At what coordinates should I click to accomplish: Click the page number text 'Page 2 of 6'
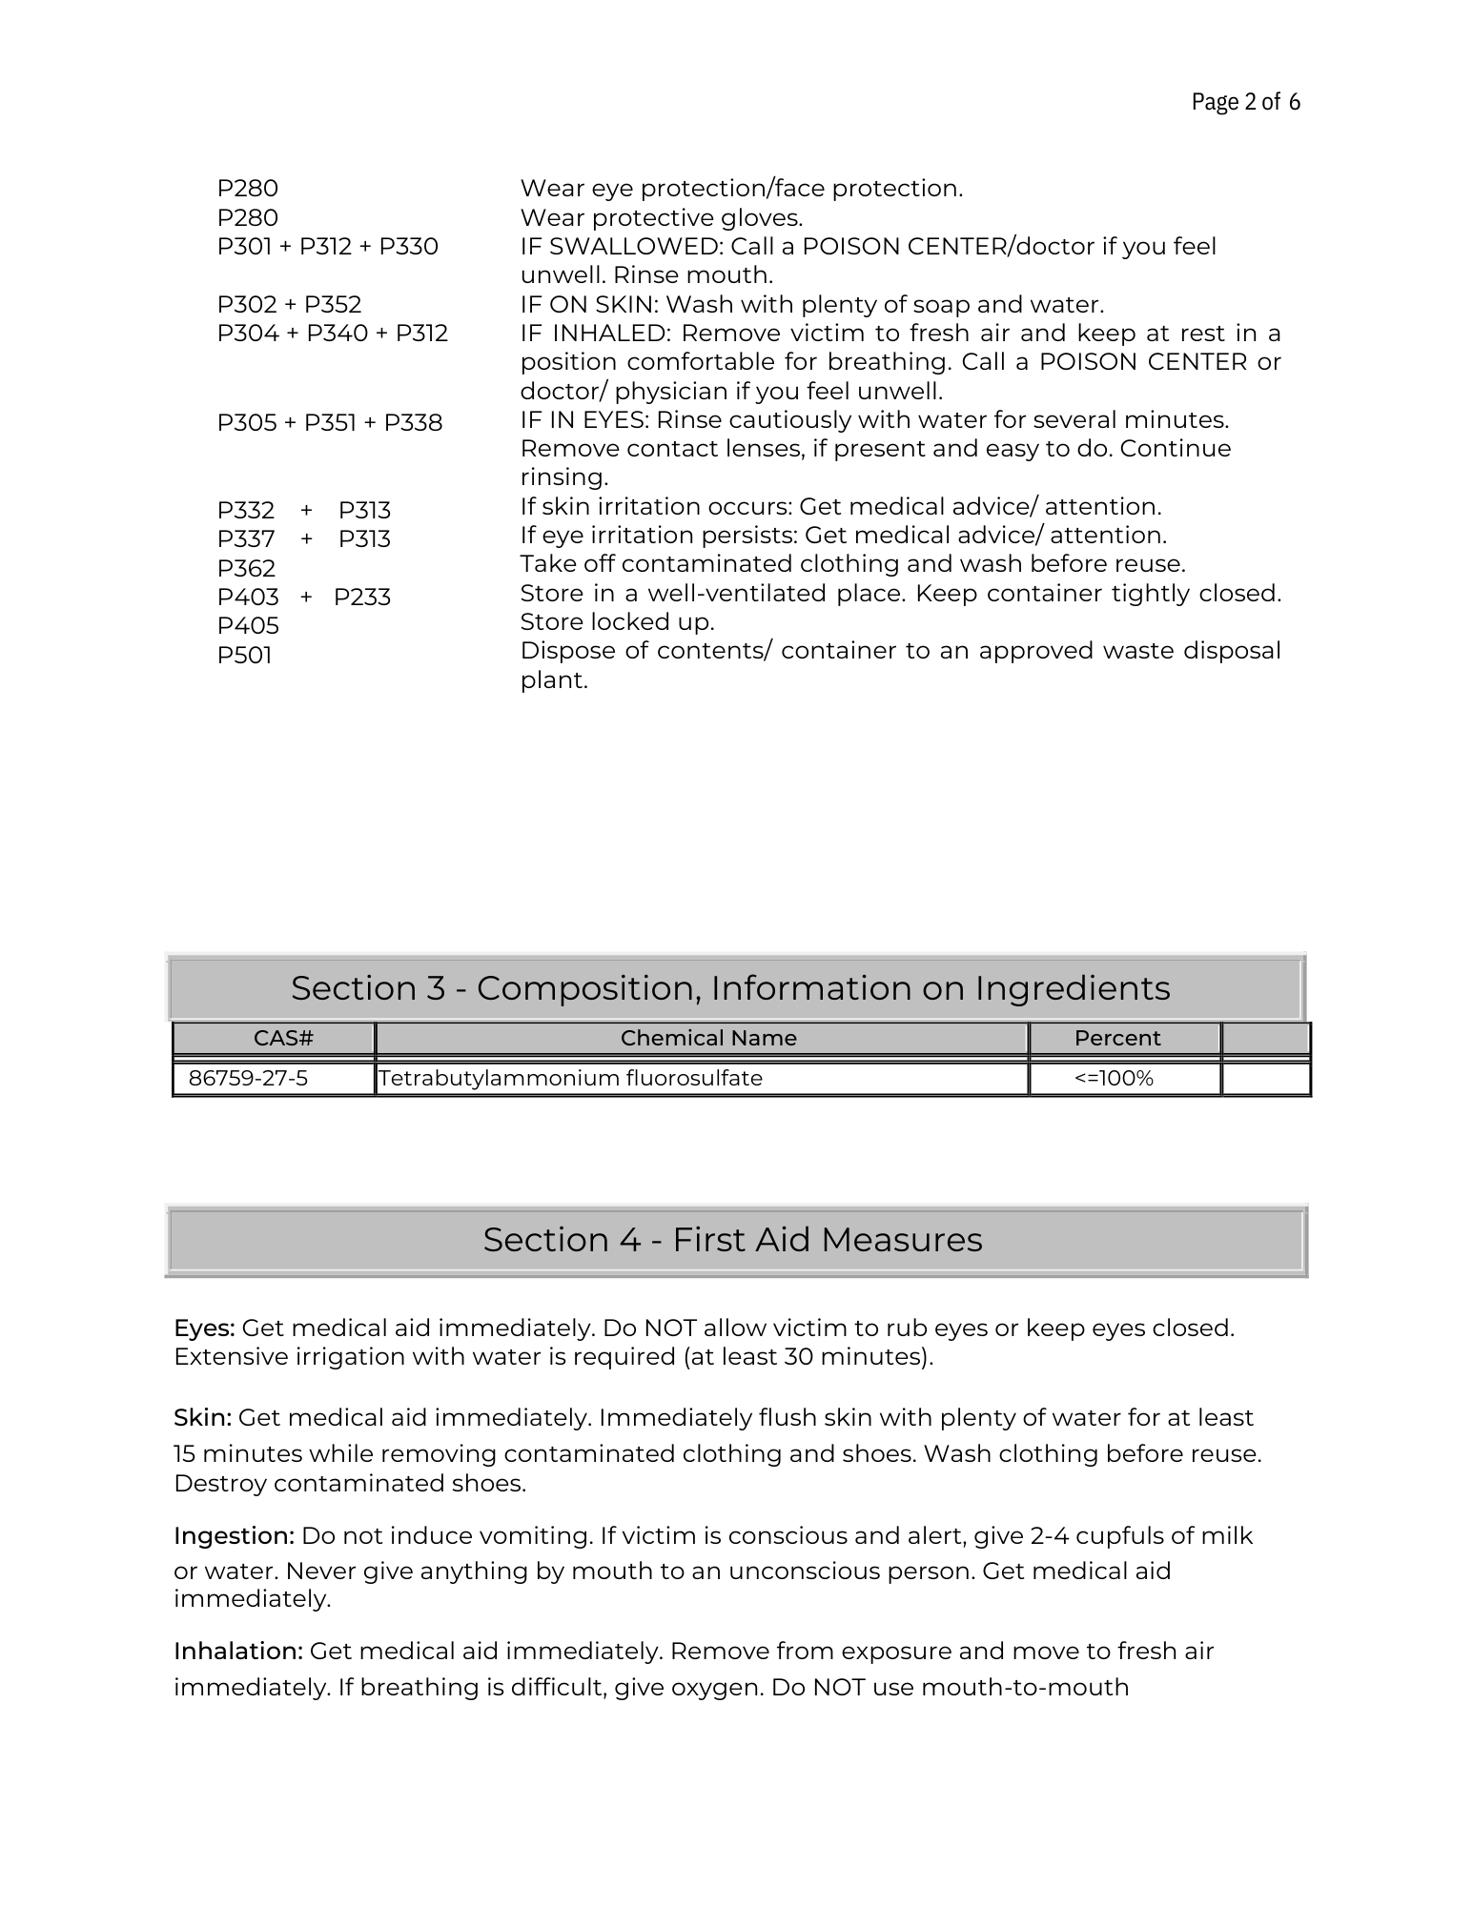pos(1245,102)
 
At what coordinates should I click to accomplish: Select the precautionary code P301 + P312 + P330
pos(327,247)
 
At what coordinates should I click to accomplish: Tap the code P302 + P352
pos(289,305)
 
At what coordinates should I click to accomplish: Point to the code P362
pos(246,569)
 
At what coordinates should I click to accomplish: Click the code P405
pos(248,626)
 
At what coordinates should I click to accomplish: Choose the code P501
pos(244,656)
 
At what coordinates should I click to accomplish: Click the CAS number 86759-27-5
pos(249,1078)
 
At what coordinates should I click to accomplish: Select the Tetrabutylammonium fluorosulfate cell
pos(570,1078)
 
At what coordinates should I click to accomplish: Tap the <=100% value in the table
pos(1114,1078)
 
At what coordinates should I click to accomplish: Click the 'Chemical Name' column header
pos(708,1038)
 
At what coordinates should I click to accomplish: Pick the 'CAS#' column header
pos(283,1038)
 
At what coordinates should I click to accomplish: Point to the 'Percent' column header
pos(1117,1038)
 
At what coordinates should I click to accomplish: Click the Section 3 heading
pos(730,988)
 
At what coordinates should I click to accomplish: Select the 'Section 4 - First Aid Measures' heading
pos(732,1240)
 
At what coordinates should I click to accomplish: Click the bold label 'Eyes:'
pos(204,1328)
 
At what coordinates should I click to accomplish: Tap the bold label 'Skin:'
pos(202,1418)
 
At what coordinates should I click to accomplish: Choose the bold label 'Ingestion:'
pos(234,1536)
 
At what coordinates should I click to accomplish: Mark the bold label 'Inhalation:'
pos(238,1652)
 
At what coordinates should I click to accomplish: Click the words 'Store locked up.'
pos(617,622)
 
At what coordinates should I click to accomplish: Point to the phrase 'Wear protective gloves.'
pos(661,218)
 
